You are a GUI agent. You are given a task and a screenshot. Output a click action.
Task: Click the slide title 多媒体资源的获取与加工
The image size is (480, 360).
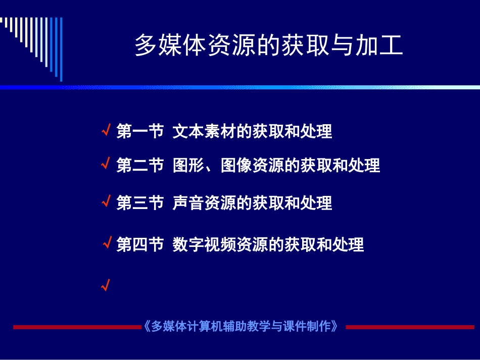268,46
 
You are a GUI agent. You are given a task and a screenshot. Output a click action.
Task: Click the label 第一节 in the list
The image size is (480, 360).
140,132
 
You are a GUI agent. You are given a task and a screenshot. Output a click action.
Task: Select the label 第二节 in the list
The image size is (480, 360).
140,165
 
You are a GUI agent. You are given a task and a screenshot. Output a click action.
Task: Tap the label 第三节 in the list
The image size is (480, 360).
140,203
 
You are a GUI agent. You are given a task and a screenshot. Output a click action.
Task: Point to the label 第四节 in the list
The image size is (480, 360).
140,245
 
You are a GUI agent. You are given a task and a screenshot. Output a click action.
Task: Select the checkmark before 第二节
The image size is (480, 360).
106,164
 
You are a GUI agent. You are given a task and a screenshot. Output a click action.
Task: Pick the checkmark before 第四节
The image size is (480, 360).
107,244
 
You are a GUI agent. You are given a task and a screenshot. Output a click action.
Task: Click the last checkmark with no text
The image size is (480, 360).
105,286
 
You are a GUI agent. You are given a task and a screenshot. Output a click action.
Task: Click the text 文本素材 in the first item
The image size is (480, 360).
204,132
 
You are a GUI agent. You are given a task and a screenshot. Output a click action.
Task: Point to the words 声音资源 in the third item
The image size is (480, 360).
204,203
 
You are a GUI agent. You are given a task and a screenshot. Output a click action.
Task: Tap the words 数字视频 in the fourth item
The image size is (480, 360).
204,245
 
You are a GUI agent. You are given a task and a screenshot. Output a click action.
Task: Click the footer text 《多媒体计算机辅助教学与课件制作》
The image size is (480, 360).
241,326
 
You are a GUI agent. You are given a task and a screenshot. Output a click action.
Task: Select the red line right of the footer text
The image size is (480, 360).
410,327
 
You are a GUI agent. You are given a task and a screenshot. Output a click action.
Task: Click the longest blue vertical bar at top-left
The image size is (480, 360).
61,49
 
